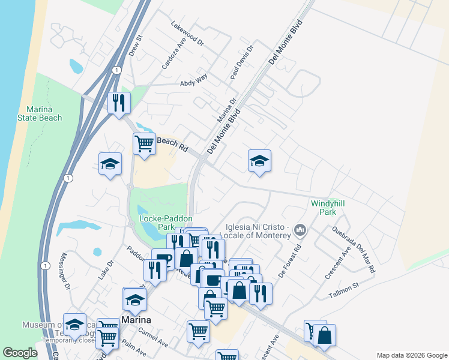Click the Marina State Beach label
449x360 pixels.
click(44, 113)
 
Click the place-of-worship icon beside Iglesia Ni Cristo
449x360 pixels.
click(301, 229)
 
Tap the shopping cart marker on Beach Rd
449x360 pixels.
click(144, 144)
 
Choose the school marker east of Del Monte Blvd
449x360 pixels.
click(259, 161)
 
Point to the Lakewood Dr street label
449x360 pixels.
click(187, 35)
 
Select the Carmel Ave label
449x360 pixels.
click(153, 338)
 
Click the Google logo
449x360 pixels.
click(20, 353)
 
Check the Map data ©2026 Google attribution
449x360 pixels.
click(411, 355)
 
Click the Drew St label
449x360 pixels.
click(136, 46)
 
